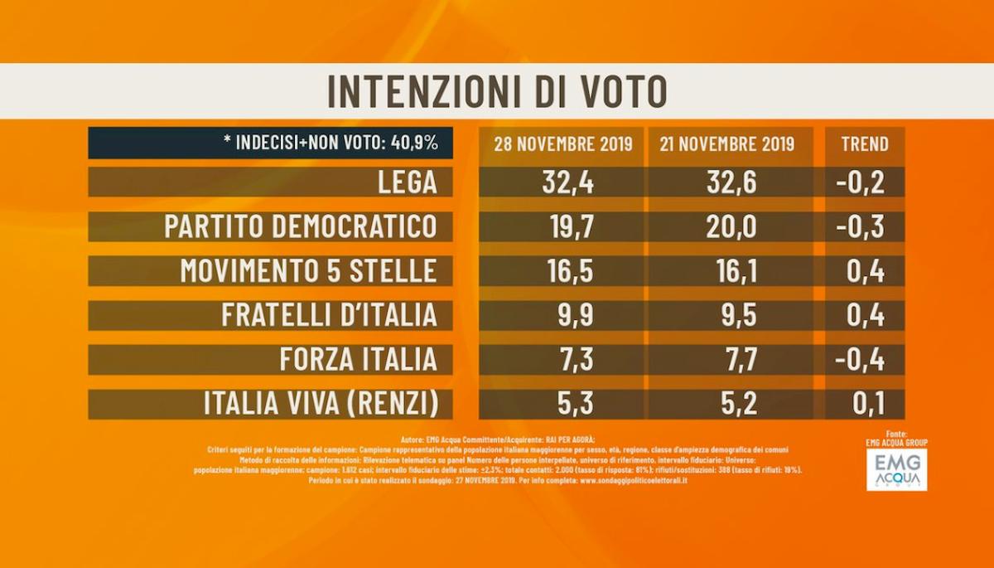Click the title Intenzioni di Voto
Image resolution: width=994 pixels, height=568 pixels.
point(497,91)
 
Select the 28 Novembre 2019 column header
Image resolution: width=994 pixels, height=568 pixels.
point(562,143)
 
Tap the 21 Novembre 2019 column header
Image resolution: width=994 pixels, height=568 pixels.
point(727,143)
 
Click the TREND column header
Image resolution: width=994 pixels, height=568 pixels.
point(864,143)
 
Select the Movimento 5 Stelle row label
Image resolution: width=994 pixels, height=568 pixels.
point(308,271)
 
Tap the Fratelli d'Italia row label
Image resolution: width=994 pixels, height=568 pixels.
point(329,315)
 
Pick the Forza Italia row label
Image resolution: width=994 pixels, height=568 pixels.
point(358,360)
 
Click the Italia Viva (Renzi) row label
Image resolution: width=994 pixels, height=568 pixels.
point(320,404)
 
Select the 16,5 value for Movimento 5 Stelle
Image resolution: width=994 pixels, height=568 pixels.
point(562,271)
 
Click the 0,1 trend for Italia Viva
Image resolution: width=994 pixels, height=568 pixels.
point(864,404)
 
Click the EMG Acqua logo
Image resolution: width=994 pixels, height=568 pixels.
point(896,469)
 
